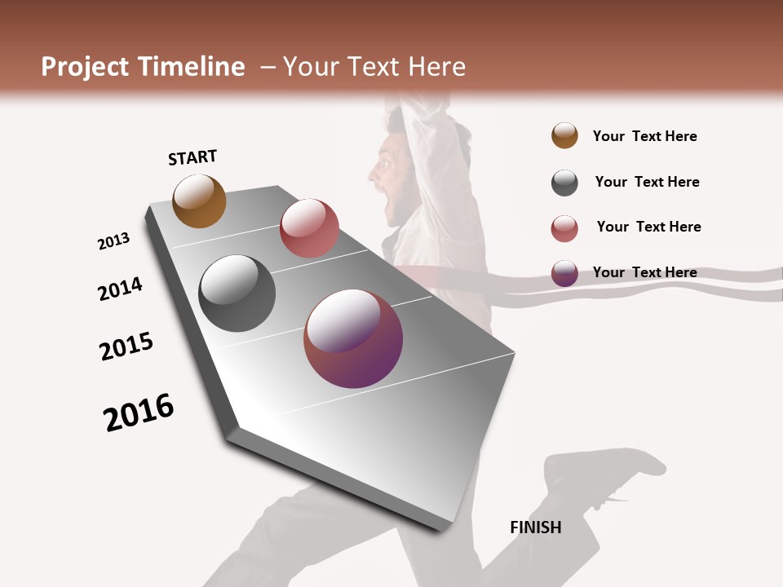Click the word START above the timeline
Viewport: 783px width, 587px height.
pyautogui.click(x=192, y=157)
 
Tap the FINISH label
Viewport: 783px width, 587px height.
pyautogui.click(x=536, y=527)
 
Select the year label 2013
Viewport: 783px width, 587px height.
pyautogui.click(x=114, y=241)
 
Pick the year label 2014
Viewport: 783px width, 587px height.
pyautogui.click(x=121, y=289)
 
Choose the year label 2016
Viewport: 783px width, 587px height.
pyautogui.click(x=139, y=413)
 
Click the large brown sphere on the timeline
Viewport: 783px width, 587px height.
pyautogui.click(x=199, y=201)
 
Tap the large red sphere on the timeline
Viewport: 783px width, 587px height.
pyautogui.click(x=309, y=228)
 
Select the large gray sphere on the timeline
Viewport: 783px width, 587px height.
pyautogui.click(x=237, y=293)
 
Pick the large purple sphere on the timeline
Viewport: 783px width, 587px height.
pyautogui.click(x=353, y=338)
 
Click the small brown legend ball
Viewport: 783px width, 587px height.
pyautogui.click(x=564, y=136)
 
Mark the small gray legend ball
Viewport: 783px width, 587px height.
pyautogui.click(x=564, y=183)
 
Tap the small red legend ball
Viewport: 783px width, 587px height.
pyautogui.click(x=564, y=228)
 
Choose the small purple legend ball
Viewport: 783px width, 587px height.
pyautogui.click(x=564, y=273)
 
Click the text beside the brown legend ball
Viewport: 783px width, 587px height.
pyautogui.click(x=645, y=136)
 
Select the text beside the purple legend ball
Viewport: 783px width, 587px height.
pyautogui.click(x=645, y=272)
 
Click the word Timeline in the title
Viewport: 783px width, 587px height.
pyautogui.click(x=192, y=67)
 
